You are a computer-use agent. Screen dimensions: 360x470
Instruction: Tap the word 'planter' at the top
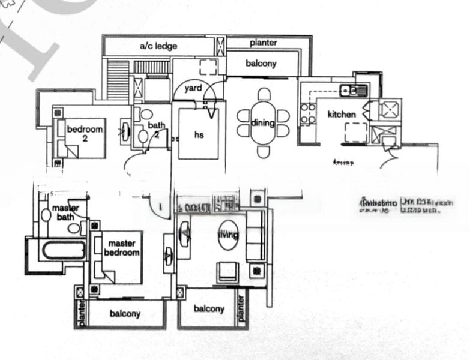pyautogui.click(x=264, y=43)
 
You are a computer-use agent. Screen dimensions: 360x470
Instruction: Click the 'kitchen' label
pyautogui.click(x=341, y=114)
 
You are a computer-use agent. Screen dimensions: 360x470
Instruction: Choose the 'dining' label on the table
pyautogui.click(x=263, y=123)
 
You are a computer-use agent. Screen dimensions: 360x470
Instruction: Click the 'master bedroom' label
pyautogui.click(x=123, y=248)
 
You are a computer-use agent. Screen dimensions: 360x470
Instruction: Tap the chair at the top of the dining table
pyautogui.click(x=264, y=94)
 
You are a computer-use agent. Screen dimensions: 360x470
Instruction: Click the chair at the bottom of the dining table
pyautogui.click(x=264, y=152)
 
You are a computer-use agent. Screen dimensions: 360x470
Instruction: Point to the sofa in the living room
pyautogui.click(x=255, y=235)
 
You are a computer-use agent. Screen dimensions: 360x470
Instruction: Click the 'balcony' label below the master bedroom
pyautogui.click(x=125, y=314)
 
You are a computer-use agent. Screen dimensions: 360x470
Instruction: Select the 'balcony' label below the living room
pyautogui.click(x=209, y=309)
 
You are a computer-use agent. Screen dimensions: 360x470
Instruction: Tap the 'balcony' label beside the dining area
pyautogui.click(x=261, y=63)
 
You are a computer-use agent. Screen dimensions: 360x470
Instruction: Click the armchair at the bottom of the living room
pyautogui.click(x=227, y=271)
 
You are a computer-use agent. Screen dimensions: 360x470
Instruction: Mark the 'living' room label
pyautogui.click(x=227, y=234)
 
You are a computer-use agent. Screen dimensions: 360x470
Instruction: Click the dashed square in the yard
pyautogui.click(x=208, y=67)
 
